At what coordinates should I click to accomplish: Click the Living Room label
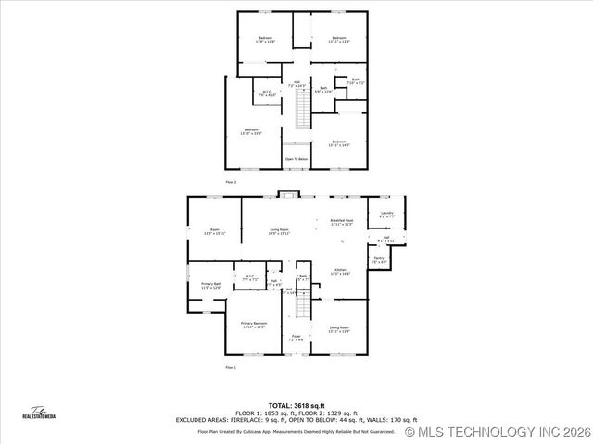pyautogui.click(x=279, y=231)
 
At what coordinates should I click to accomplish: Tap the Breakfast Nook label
pyautogui.click(x=342, y=222)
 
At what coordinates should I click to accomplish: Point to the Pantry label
pyautogui.click(x=378, y=260)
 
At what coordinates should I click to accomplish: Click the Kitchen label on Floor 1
pyautogui.click(x=340, y=272)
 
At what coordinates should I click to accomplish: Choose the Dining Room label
pyautogui.click(x=339, y=329)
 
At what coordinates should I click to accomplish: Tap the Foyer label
pyautogui.click(x=296, y=338)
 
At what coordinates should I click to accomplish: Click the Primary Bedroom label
pyautogui.click(x=253, y=325)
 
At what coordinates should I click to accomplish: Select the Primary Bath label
pyautogui.click(x=210, y=286)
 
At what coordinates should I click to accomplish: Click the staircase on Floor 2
pyautogui.click(x=299, y=112)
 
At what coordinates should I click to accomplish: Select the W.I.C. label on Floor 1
pyautogui.click(x=249, y=277)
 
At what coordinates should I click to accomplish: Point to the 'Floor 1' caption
pyautogui.click(x=230, y=368)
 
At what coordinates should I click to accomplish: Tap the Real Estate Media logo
pyautogui.click(x=39, y=413)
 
